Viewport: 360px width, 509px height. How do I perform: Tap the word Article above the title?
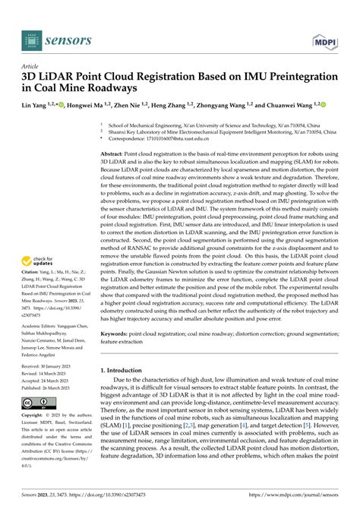point(31,67)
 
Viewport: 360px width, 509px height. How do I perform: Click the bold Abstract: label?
point(115,132)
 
